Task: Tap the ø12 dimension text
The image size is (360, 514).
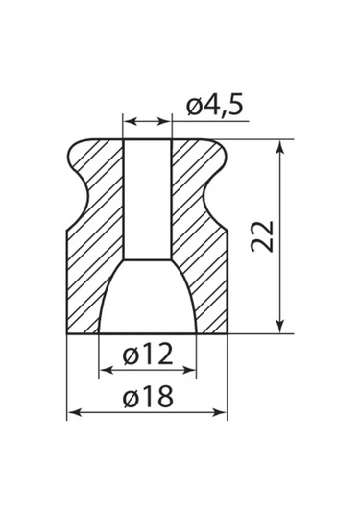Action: (x=148, y=354)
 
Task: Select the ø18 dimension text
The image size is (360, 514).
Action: (x=148, y=397)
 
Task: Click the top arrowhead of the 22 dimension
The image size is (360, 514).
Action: (x=279, y=148)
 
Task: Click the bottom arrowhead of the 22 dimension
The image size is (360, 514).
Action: (x=279, y=326)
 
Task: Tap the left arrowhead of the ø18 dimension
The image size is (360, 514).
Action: (x=74, y=412)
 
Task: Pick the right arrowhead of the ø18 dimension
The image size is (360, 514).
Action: (x=220, y=412)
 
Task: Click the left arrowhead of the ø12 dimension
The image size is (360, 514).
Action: (x=107, y=371)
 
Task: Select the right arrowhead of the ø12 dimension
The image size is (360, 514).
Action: (x=189, y=371)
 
